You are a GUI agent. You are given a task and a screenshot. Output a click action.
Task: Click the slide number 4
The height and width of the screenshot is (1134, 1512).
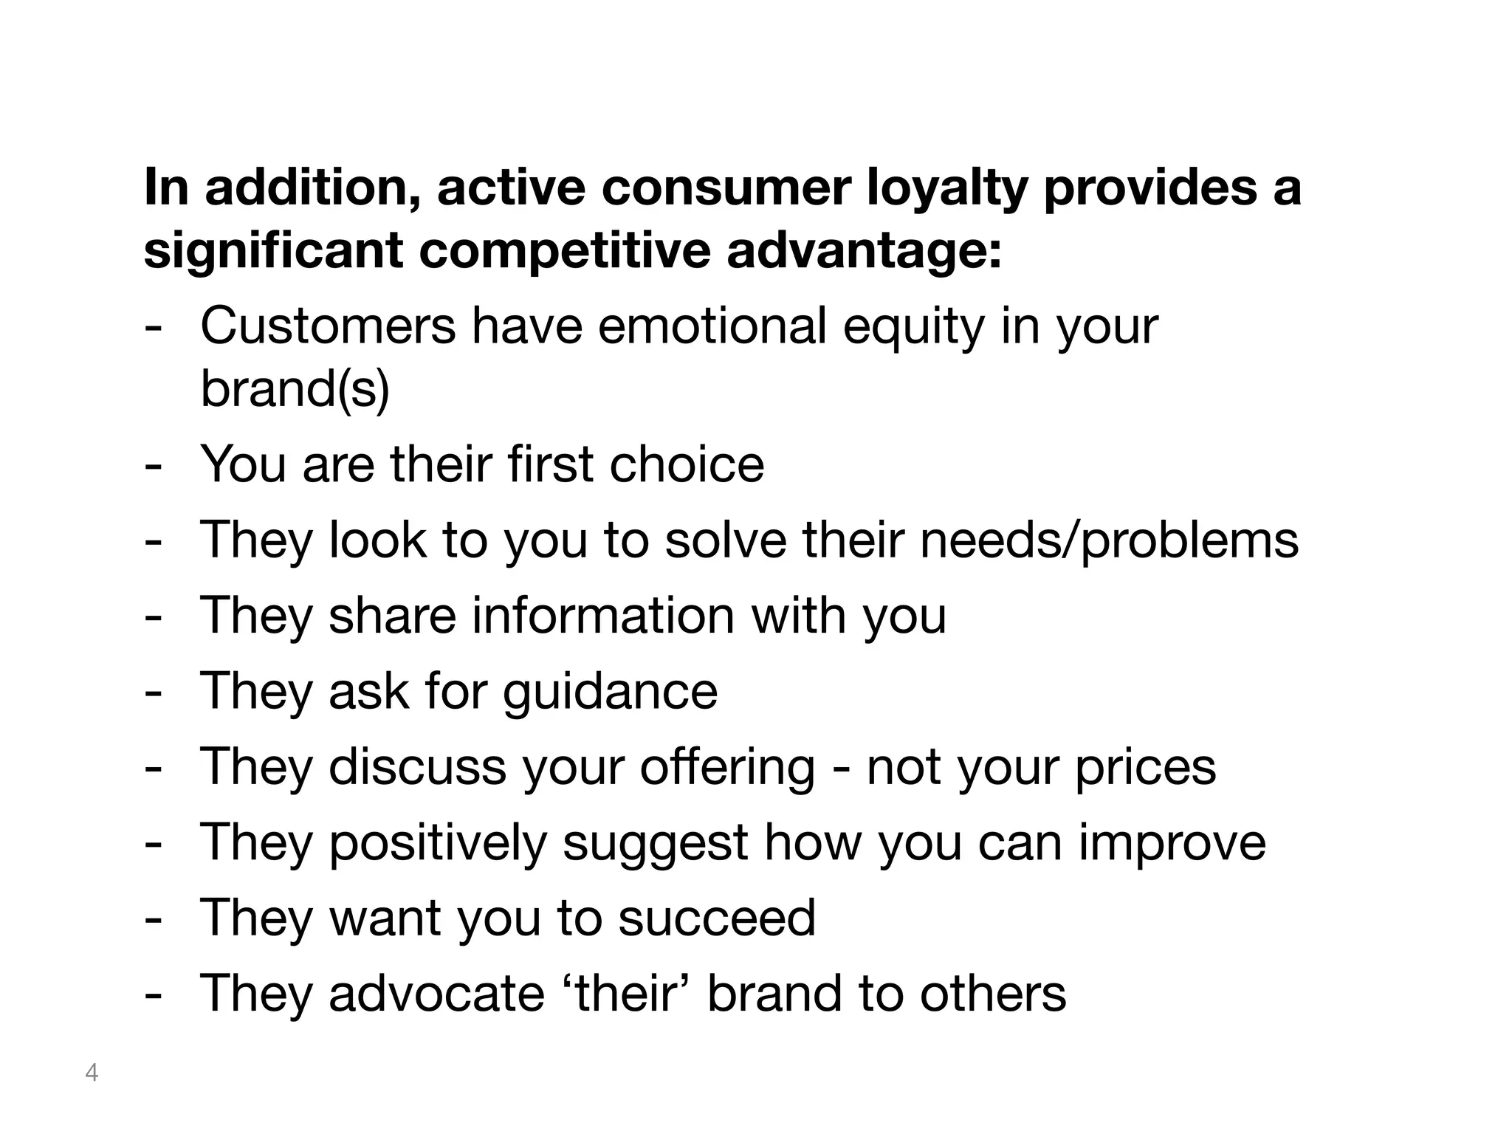tap(92, 1072)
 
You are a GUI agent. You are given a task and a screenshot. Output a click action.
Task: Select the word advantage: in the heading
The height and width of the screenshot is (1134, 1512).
tap(865, 251)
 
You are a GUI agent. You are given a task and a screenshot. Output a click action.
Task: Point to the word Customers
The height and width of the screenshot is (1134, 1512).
tap(329, 326)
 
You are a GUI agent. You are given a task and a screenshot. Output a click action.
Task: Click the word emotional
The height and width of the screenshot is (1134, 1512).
tap(712, 326)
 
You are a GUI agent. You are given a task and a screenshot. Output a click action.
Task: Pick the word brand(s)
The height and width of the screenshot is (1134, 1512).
tap(295, 389)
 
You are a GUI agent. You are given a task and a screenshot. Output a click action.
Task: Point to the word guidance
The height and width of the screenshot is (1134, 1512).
tap(610, 692)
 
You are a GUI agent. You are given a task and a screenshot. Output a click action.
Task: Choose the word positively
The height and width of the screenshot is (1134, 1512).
tap(437, 843)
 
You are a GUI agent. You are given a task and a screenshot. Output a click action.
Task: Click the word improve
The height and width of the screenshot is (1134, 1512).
tap(1172, 843)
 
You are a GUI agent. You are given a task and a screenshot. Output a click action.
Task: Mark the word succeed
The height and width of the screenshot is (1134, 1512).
tap(717, 918)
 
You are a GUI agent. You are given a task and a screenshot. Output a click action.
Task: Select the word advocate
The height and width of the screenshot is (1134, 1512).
tap(437, 993)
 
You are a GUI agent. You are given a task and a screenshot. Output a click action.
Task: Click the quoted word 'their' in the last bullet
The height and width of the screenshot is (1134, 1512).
tap(626, 993)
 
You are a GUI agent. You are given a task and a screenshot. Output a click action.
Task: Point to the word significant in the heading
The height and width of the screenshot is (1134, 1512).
tap(273, 251)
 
